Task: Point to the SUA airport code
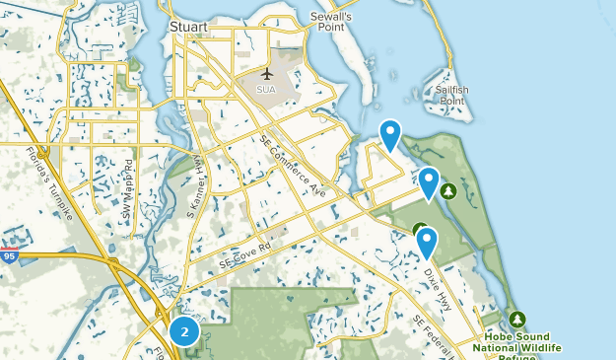click(267, 90)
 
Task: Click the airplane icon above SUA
click(267, 75)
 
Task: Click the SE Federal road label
click(433, 335)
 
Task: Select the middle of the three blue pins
click(429, 182)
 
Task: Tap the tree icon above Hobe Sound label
click(518, 320)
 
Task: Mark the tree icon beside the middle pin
click(448, 190)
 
